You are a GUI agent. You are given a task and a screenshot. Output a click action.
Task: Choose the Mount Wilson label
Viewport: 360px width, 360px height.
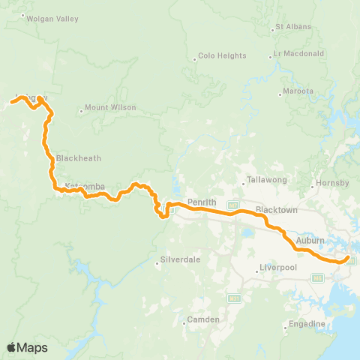(110, 107)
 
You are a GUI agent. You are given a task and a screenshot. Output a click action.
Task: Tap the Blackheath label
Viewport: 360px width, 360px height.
(78, 158)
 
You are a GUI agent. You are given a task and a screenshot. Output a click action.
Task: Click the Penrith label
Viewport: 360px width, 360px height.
(202, 202)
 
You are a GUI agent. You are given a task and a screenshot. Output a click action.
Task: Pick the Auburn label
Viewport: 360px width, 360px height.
(310, 240)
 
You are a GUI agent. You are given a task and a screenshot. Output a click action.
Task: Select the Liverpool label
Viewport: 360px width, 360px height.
(277, 268)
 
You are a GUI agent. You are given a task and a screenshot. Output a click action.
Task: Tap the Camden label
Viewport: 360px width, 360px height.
(203, 319)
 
